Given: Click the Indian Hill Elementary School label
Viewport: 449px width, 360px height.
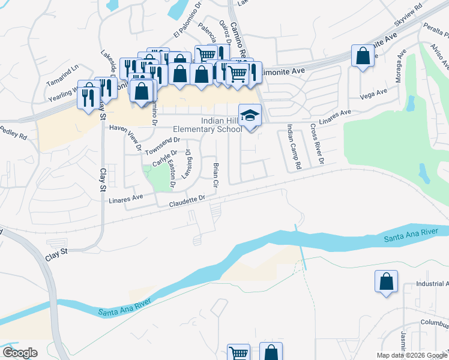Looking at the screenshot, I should tap(208, 125).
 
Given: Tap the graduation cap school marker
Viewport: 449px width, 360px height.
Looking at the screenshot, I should tap(250, 114).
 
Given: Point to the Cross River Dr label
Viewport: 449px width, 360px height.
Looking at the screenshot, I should tap(317, 144).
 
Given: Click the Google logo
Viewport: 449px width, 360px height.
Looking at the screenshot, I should tap(20, 353).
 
